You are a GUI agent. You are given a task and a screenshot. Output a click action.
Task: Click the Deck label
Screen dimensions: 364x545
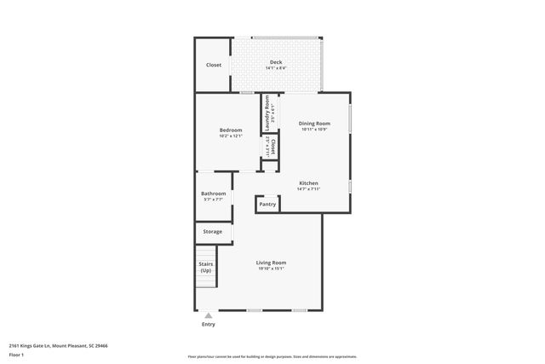[x=276, y=61]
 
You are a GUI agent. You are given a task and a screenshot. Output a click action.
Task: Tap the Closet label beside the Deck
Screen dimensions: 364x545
[x=214, y=65]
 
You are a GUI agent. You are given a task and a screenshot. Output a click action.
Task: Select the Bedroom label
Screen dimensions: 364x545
[x=231, y=130]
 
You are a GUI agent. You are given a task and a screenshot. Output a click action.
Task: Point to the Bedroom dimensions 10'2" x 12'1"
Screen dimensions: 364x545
[x=231, y=136]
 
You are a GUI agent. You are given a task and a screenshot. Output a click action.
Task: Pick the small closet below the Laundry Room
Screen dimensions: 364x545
[x=270, y=147]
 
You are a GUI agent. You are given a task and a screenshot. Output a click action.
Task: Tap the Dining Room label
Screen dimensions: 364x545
[x=314, y=124]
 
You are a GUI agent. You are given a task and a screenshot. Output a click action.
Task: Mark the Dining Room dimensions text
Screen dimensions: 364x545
[x=314, y=130]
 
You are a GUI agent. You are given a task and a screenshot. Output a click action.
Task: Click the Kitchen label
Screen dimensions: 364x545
[x=308, y=183]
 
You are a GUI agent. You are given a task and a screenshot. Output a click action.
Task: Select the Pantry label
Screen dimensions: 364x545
[x=267, y=205]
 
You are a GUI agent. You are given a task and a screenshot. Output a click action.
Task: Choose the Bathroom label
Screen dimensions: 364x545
[x=214, y=194]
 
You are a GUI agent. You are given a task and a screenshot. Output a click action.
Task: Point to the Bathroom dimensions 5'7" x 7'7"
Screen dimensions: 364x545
[x=214, y=199]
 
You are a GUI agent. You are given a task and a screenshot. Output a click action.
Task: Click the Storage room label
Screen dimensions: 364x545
[x=212, y=231]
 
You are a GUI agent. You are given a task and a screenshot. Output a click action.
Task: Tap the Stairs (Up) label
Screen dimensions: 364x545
[x=205, y=268]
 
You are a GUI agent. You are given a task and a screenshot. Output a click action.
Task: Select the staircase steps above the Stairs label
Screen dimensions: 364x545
[x=205, y=252]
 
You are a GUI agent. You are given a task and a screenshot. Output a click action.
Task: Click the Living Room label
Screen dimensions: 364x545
[x=272, y=263]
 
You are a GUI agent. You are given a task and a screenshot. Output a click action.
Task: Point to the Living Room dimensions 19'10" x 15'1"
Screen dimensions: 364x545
[x=272, y=269]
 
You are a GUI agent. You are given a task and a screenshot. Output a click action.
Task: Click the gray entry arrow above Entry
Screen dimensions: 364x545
[x=208, y=315]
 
